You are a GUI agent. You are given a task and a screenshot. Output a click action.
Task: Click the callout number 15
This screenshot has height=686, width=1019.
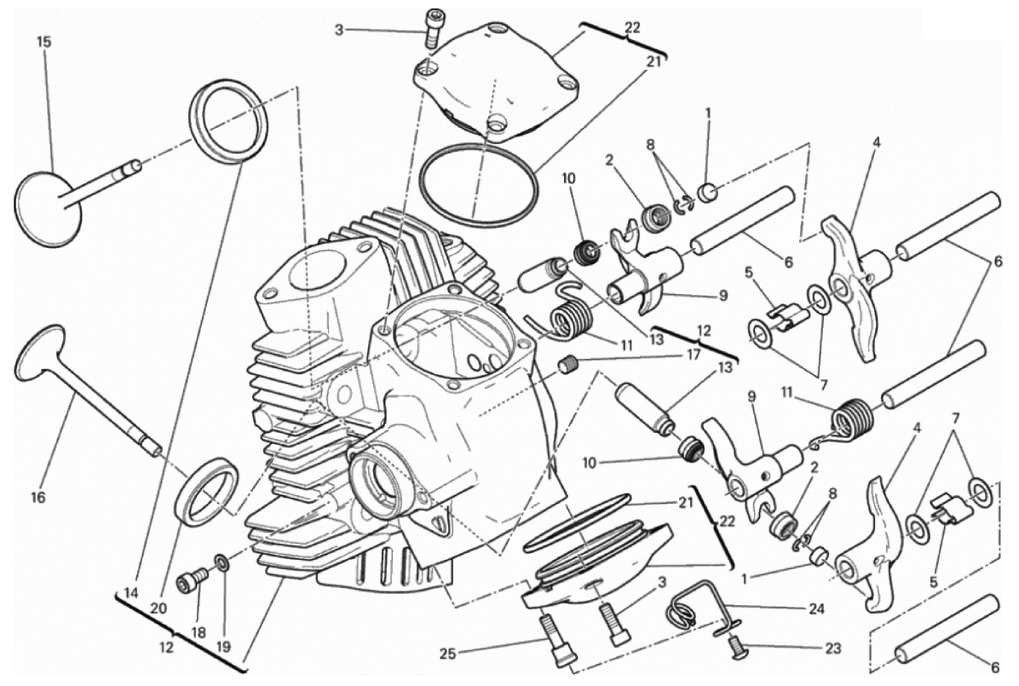pyautogui.click(x=43, y=43)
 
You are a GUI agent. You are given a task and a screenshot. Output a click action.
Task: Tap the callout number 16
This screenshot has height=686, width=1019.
pyautogui.click(x=38, y=498)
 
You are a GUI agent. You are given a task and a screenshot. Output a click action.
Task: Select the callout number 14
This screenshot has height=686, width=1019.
pyautogui.click(x=131, y=593)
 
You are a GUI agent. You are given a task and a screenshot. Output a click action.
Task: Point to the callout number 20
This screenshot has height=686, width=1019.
pyautogui.click(x=158, y=608)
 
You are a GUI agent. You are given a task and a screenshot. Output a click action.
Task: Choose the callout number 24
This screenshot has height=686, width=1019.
pyautogui.click(x=816, y=609)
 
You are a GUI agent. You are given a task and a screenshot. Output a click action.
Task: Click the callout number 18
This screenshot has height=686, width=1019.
pyautogui.click(x=198, y=632)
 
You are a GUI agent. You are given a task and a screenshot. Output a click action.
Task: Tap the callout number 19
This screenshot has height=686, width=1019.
pyautogui.click(x=223, y=647)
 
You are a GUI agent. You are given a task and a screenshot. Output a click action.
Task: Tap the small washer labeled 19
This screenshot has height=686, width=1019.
pyautogui.click(x=221, y=561)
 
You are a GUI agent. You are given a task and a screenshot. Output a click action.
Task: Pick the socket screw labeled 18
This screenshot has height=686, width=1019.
pyautogui.click(x=195, y=578)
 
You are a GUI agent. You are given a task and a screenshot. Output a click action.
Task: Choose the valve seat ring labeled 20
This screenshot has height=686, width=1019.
pyautogui.click(x=207, y=491)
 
